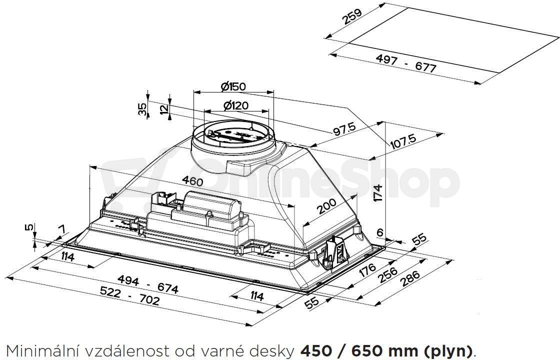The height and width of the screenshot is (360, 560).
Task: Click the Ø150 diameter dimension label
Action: click(233, 86)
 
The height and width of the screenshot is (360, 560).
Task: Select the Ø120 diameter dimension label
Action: click(235, 105)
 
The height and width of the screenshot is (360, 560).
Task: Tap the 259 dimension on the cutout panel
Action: click(352, 16)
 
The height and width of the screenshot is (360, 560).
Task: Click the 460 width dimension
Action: click(192, 180)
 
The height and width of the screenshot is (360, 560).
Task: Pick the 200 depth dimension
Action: click(326, 206)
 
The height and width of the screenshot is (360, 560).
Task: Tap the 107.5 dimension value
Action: click(403, 141)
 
